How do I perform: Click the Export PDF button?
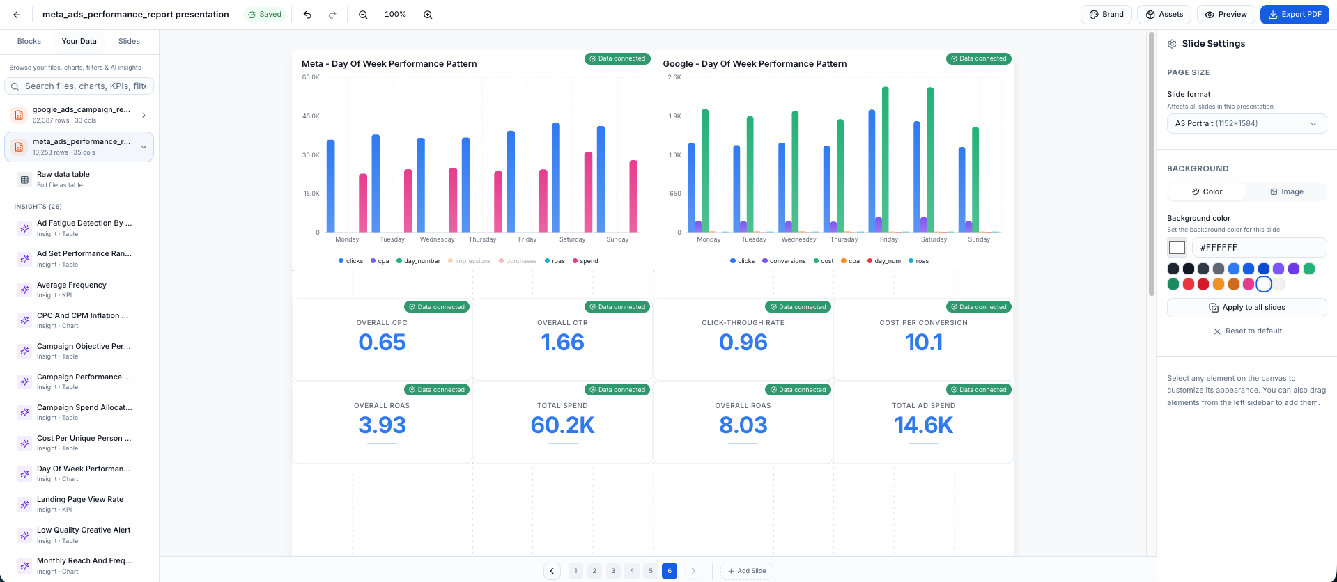coord(1295,14)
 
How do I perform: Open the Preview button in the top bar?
coord(1226,14)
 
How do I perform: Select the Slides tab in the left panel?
coord(129,41)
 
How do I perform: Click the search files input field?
coord(84,86)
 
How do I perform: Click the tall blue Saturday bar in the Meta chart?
coord(556,178)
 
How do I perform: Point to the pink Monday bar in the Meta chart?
coord(363,203)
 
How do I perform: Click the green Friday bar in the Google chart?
coord(885,159)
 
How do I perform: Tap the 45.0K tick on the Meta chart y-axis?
coord(311,116)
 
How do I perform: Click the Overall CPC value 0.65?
coord(382,343)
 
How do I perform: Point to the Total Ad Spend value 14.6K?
coord(923,425)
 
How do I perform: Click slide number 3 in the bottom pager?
coord(613,571)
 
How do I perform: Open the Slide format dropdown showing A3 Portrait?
coord(1246,123)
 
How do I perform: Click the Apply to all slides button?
coord(1246,307)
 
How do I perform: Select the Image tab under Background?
coord(1286,191)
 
